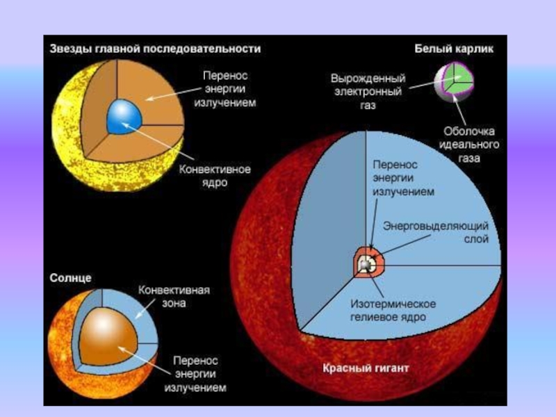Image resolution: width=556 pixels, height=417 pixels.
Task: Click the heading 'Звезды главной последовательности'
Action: pos(155,49)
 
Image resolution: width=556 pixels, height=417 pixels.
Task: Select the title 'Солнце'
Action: pos(70,278)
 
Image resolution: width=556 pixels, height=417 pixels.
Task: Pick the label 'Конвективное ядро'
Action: pos(215,175)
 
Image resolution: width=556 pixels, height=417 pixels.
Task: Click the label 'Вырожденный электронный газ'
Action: pos(368,92)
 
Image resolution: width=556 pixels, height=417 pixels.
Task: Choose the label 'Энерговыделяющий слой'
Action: pos(436,233)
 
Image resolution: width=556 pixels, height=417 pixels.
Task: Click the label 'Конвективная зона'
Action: pos(174,296)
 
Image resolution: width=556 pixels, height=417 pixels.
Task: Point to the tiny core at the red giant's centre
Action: pos(366,265)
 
